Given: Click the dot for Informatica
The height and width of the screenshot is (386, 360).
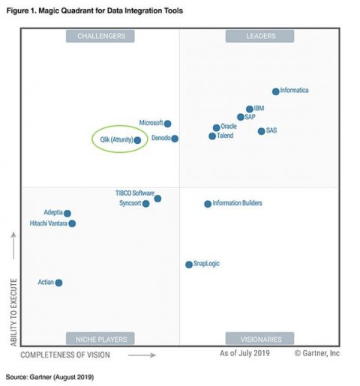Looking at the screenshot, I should pyautogui.click(x=275, y=91).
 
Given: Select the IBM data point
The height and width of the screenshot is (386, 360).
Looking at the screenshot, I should pyautogui.click(x=249, y=109).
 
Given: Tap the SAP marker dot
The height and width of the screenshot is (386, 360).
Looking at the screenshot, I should pyautogui.click(x=240, y=117).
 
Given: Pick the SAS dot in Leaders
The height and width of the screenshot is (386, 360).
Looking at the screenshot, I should pyautogui.click(x=261, y=131).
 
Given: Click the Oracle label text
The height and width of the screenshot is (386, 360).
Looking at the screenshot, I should pyautogui.click(x=229, y=127).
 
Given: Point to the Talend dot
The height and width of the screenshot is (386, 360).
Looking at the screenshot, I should pyautogui.click(x=212, y=136).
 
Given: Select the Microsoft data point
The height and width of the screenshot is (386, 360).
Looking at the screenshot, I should pyautogui.click(x=167, y=124).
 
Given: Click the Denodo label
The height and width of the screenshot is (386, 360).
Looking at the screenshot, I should pyautogui.click(x=160, y=139).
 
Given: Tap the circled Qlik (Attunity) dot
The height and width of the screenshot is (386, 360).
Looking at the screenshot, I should pyautogui.click(x=137, y=140).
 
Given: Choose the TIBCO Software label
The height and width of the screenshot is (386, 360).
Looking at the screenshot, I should pyautogui.click(x=134, y=193).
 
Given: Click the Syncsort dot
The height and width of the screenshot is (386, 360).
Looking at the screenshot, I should pyautogui.click(x=146, y=204).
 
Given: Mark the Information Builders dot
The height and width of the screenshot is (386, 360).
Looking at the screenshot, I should pyautogui.click(x=208, y=204).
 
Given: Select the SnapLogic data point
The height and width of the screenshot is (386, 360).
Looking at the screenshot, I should pyautogui.click(x=188, y=265).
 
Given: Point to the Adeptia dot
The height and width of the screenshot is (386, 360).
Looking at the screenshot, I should pyautogui.click(x=67, y=214).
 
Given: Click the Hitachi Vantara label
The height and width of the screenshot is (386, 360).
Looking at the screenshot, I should pyautogui.click(x=47, y=223).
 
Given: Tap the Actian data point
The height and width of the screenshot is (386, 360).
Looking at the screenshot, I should pyautogui.click(x=58, y=283).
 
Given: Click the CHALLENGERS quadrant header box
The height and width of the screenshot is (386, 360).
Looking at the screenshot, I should pyautogui.click(x=100, y=36).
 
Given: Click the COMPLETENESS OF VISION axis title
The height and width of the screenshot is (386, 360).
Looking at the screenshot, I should pyautogui.click(x=77, y=353).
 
